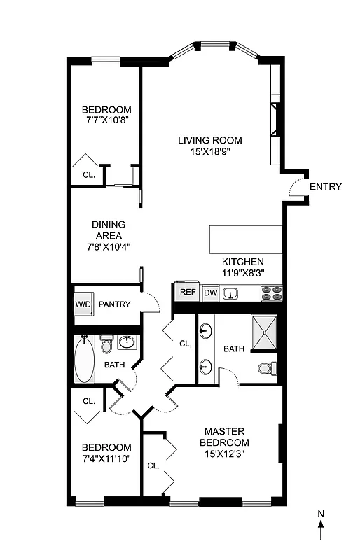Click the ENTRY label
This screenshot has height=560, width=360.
(x=325, y=187)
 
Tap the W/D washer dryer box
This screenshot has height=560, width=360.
(x=83, y=304)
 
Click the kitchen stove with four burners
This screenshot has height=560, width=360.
(x=271, y=293)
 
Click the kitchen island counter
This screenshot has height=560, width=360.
(x=246, y=240)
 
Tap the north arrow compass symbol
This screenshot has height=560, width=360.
(x=321, y=526)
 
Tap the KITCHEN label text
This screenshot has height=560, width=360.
(x=243, y=261)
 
